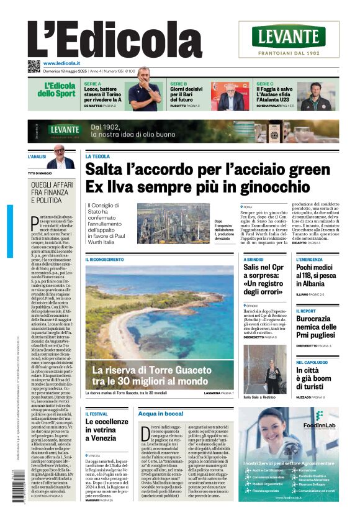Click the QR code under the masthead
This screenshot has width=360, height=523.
[34, 66]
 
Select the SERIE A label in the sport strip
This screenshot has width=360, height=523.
[92, 83]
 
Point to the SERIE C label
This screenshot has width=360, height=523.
[265, 83]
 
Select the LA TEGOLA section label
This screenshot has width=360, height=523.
[97, 157]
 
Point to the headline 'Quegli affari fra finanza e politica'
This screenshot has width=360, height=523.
[53, 193]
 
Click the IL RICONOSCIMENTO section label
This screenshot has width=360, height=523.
[105, 259]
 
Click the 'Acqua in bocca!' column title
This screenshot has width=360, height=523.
[161, 413]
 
